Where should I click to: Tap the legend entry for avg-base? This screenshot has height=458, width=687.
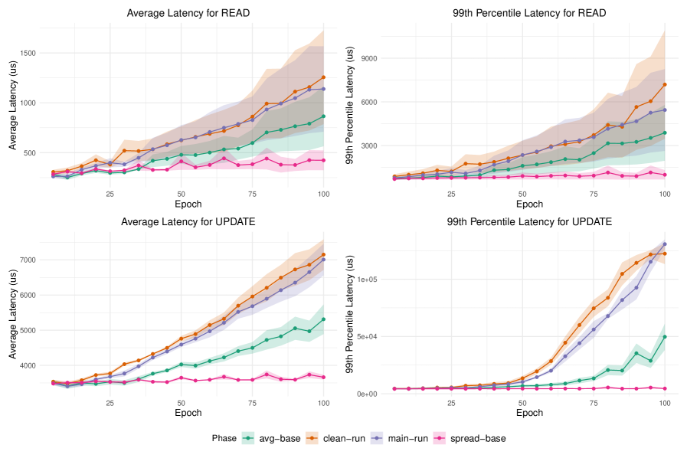pos(273,439)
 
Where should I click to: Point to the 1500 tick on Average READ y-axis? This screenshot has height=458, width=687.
pos(26,53)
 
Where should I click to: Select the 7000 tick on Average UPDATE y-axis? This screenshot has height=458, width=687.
pos(26,260)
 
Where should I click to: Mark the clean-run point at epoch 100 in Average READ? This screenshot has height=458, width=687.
pos(323,77)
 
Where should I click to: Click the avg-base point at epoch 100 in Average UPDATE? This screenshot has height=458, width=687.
pos(323,319)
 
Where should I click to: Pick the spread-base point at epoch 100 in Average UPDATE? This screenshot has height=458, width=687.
pos(323,377)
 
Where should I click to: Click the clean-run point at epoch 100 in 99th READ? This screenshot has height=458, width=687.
pos(664,84)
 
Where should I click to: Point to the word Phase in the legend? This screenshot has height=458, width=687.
pos(226,439)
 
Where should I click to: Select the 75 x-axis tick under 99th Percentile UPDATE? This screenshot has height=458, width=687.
pos(593,403)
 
